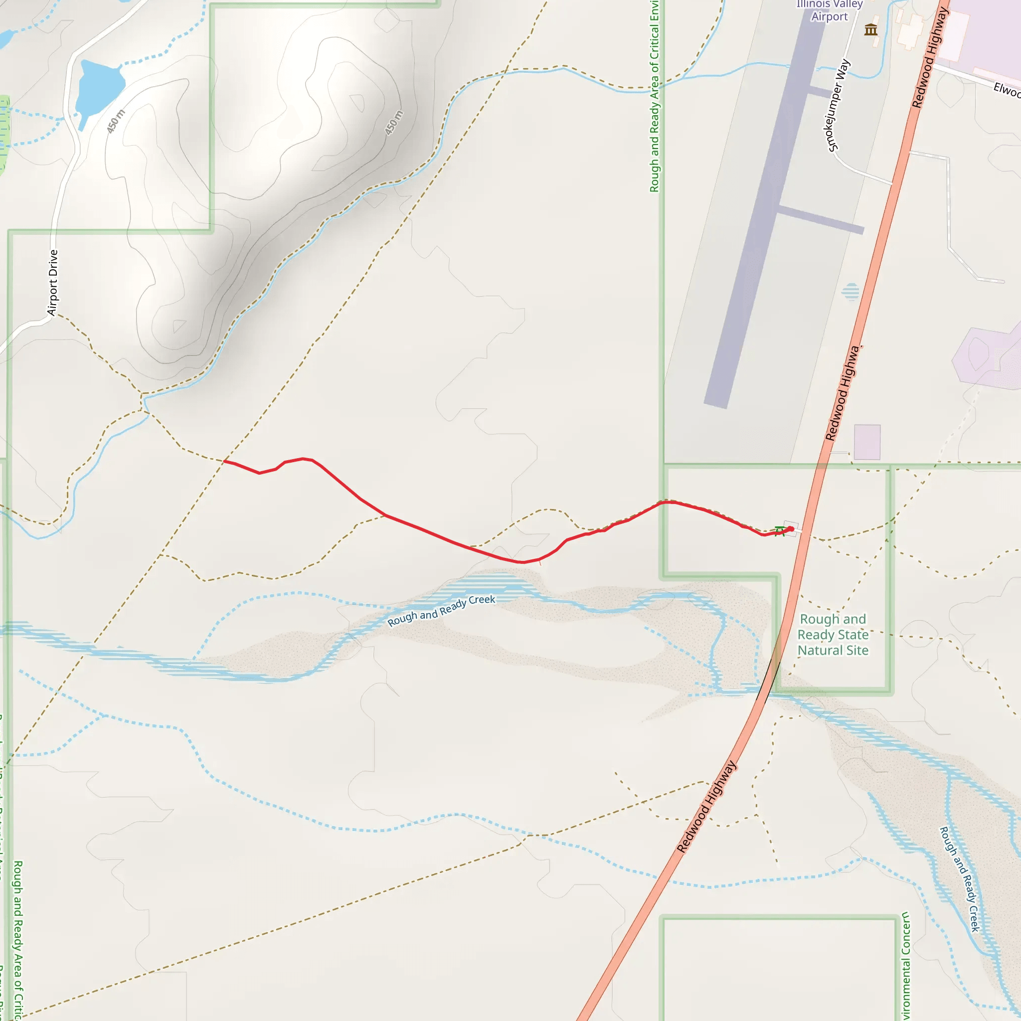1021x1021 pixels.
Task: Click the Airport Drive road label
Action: click(53, 283)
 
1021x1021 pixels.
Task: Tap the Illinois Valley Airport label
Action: click(829, 10)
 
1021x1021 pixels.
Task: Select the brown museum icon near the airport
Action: click(870, 29)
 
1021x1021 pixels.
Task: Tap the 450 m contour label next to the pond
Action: click(116, 121)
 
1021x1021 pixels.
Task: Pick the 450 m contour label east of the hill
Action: click(394, 123)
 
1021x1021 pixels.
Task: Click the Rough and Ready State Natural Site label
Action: click(833, 634)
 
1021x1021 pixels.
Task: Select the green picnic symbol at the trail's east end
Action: click(779, 531)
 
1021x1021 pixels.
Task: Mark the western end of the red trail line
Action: click(225, 461)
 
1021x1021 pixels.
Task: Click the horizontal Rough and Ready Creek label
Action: click(441, 610)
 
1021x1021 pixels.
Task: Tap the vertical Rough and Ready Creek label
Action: click(959, 879)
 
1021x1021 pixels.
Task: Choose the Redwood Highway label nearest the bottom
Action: click(706, 807)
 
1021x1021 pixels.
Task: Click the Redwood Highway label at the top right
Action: click(930, 58)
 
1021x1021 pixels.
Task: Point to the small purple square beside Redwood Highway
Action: click(866, 442)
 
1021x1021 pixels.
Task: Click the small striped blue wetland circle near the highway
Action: click(851, 291)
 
